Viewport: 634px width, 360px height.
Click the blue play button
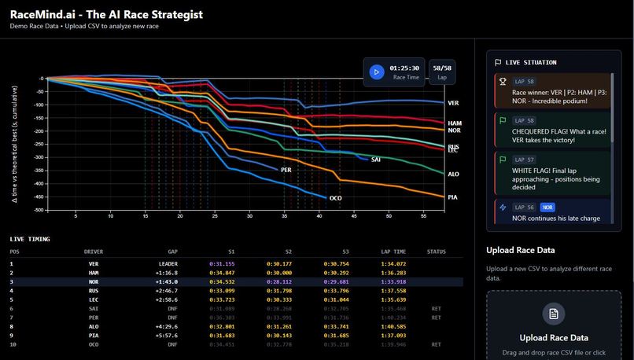click(x=377, y=72)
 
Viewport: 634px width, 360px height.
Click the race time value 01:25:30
click(x=405, y=68)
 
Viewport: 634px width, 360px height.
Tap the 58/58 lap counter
click(x=442, y=68)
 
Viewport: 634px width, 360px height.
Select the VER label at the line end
click(x=453, y=103)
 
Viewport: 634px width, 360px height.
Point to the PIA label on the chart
click(x=452, y=197)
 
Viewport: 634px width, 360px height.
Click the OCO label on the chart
click(x=335, y=198)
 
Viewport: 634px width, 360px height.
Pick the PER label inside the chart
click(x=286, y=170)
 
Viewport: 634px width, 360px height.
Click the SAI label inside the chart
click(x=376, y=160)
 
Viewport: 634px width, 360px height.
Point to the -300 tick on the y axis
click(x=35, y=157)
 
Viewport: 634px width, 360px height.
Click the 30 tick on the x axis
click(x=249, y=215)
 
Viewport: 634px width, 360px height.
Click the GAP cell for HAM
click(x=167, y=272)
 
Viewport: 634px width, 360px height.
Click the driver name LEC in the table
click(x=94, y=299)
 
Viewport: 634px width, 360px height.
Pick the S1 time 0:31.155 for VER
click(x=221, y=263)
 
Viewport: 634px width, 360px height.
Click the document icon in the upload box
click(x=554, y=314)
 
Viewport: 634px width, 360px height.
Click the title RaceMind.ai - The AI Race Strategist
click(x=106, y=13)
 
